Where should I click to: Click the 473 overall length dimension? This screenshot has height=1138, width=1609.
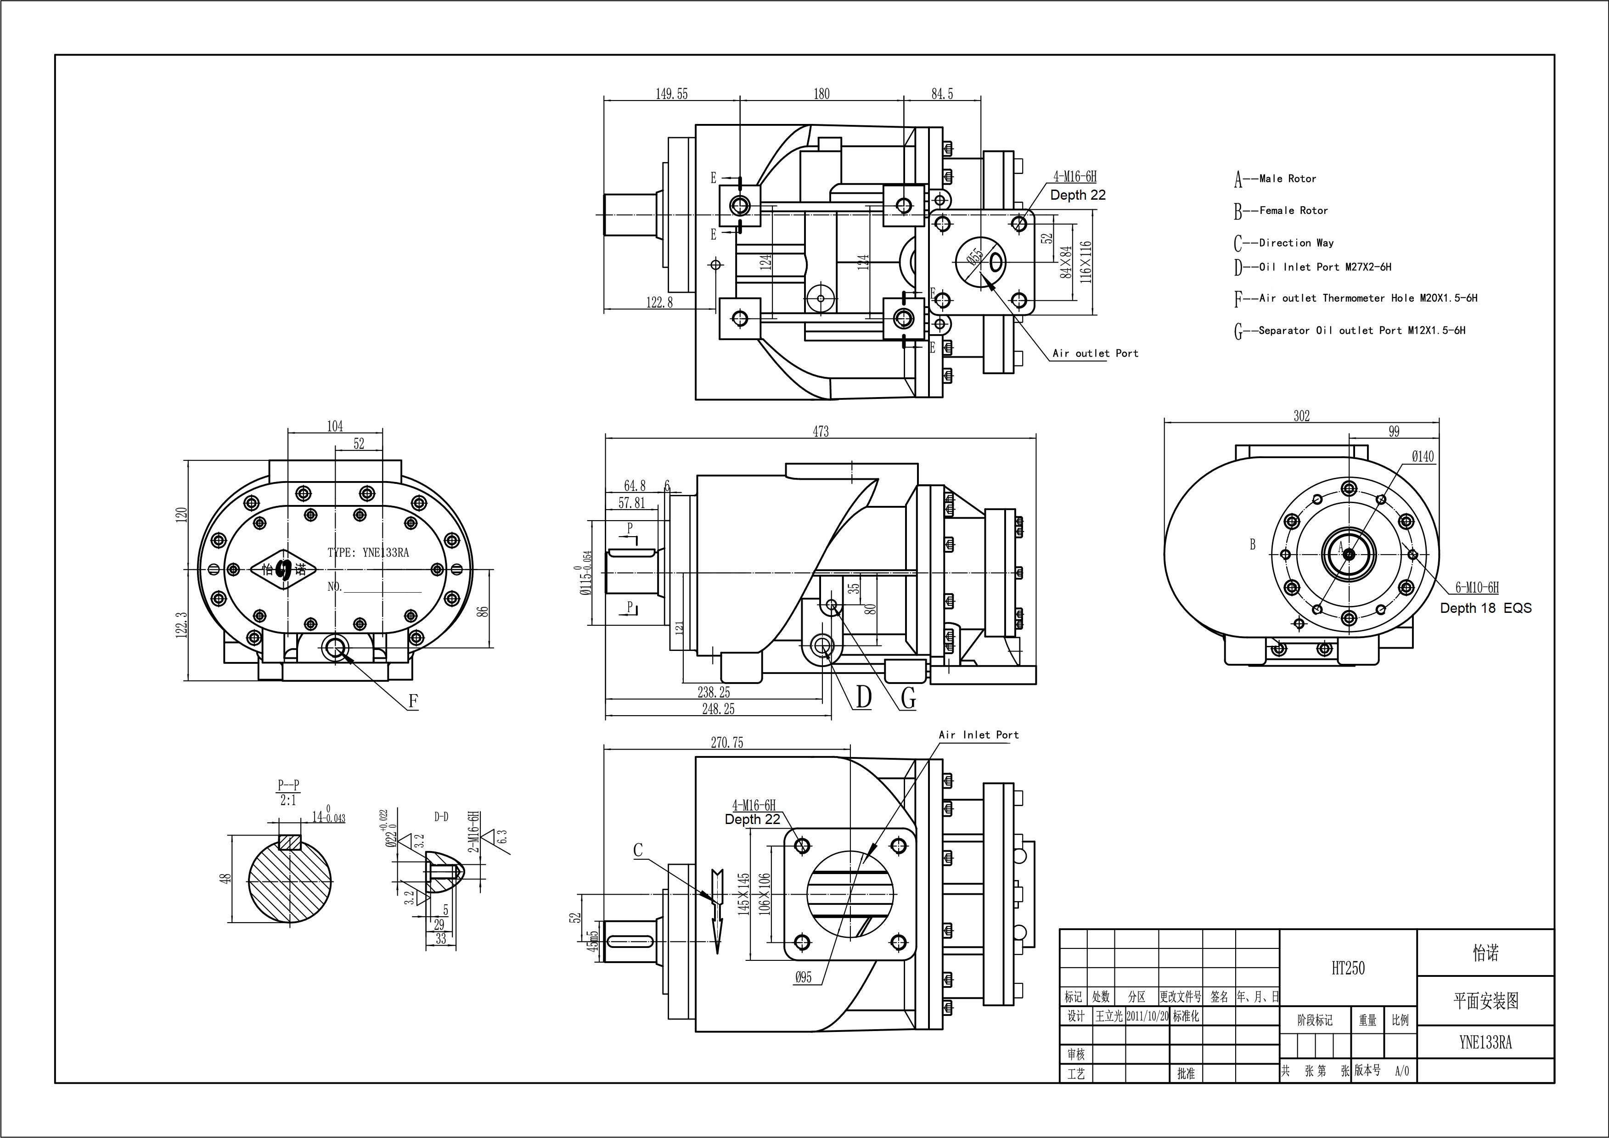point(821,432)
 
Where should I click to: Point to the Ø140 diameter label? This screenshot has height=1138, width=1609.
point(1423,457)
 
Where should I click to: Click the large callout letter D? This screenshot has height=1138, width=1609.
point(863,697)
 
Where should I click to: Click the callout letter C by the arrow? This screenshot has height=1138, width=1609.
point(638,850)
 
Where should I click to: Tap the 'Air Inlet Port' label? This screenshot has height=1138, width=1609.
point(978,734)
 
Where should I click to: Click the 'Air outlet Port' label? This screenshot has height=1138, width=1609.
point(1095,353)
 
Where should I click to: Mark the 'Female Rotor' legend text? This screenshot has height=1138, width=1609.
point(1293,210)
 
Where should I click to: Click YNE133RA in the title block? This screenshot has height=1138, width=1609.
point(1485,1042)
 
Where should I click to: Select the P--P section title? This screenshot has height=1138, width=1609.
point(288,785)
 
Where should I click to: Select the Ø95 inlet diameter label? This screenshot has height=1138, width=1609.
point(803,977)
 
